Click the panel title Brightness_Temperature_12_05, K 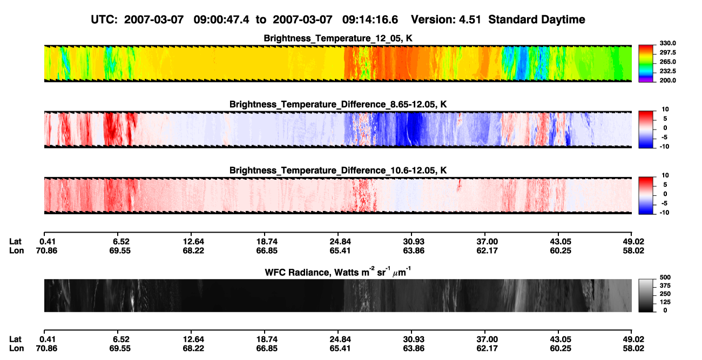pos(338,38)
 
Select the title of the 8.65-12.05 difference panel pos(338,104)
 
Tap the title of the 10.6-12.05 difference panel pos(338,171)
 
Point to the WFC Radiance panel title pos(338,272)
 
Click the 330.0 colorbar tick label pos(667,43)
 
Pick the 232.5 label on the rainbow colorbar pos(667,71)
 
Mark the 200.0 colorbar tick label pos(667,80)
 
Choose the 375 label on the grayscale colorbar pos(665,286)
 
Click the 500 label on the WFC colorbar pos(665,277)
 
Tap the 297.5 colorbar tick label pos(667,53)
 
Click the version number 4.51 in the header pos(470,20)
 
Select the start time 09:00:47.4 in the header pos(221,20)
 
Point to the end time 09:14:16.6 pos(370,20)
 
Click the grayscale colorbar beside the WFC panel pos(646,295)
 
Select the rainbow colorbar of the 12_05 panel pos(646,64)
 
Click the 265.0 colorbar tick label pos(667,62)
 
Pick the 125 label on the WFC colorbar pos(665,302)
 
